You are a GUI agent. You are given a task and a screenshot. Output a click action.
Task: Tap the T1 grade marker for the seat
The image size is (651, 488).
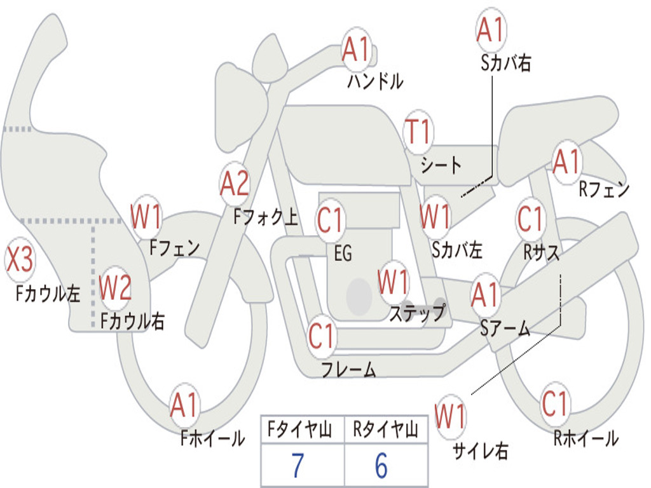coord(418,132)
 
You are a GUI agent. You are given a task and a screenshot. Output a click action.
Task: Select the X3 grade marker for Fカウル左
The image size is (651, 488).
coord(20,259)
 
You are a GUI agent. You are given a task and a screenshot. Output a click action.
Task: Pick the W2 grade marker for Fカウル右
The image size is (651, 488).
coord(115,288)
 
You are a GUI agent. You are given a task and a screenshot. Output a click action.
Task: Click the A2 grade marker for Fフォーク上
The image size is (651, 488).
coord(235,184)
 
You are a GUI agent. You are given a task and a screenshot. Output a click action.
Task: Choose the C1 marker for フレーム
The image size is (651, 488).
coord(321,335)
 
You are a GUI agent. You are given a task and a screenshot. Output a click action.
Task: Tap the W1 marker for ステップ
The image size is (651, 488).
coord(393,282)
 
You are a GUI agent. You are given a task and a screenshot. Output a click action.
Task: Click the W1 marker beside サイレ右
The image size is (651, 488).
coord(450,416)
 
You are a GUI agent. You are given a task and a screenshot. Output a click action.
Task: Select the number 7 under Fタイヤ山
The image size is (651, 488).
coord(298,466)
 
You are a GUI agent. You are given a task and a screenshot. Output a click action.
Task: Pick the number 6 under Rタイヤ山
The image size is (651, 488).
coord(381,466)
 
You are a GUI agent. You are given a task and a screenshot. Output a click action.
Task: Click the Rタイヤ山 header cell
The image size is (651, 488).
coord(385,431)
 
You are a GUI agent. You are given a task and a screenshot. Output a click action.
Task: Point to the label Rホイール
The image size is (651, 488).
coord(586,438)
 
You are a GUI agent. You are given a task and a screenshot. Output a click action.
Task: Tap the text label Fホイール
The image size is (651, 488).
coord(212,438)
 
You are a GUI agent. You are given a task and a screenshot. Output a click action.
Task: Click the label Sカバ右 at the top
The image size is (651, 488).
coord(505,63)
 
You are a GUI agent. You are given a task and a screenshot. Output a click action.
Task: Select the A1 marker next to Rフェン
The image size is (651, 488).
coord(566,162)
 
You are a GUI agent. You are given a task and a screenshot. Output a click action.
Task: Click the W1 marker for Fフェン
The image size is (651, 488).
coord(146,217)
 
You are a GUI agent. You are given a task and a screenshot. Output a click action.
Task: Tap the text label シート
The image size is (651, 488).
coord(441,166)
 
